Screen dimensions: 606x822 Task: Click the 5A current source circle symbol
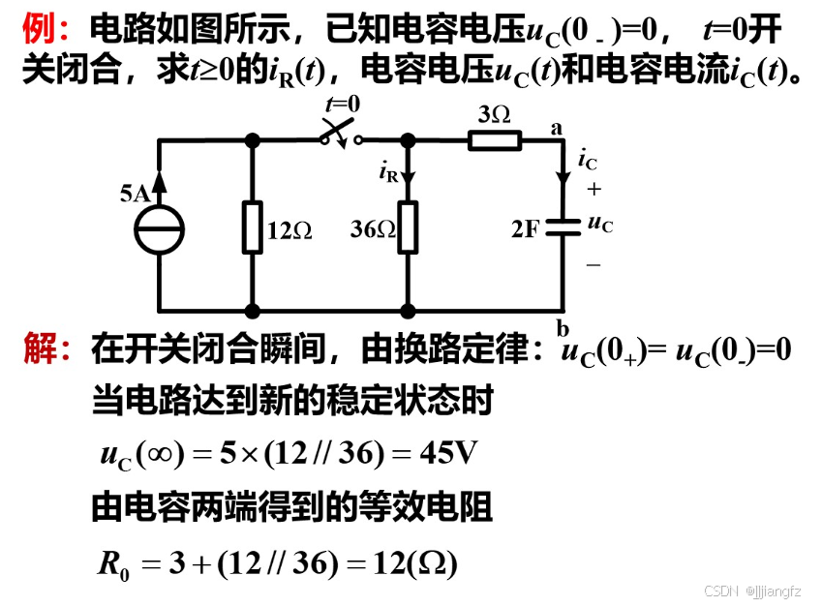click(158, 228)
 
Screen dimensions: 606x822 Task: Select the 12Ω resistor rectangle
click(253, 227)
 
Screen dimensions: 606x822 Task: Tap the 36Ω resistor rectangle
click(408, 227)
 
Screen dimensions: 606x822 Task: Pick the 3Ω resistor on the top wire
click(495, 140)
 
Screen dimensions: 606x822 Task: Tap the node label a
click(556, 126)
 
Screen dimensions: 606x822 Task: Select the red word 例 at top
click(40, 31)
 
